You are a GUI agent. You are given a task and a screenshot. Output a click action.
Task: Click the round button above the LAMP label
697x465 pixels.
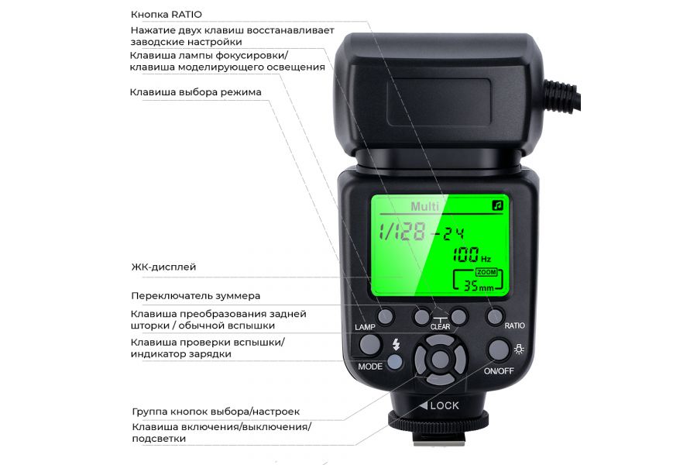tap(386, 315)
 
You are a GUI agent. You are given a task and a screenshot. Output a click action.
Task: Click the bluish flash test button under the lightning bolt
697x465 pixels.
tap(395, 361)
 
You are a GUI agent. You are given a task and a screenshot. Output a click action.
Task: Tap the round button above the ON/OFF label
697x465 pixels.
tap(500, 350)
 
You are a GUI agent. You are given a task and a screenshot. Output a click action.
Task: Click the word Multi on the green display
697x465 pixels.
tap(424, 206)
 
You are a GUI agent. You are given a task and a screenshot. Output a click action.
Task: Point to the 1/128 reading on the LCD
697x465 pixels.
tap(404, 231)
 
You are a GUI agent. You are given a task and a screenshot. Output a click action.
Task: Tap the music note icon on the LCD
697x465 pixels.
tap(496, 205)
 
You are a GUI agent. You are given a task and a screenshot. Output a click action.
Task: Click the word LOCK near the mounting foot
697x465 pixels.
tap(444, 405)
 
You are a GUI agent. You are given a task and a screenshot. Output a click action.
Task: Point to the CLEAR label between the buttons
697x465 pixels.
tap(440, 326)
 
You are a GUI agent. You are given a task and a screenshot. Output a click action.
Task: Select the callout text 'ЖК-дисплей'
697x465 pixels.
tap(163, 267)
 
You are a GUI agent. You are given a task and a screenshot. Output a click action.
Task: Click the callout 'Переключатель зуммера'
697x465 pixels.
tap(195, 295)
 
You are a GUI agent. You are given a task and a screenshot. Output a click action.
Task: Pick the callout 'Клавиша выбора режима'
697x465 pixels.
tap(196, 91)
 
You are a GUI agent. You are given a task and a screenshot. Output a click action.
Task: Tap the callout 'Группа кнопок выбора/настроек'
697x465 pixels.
tap(215, 412)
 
